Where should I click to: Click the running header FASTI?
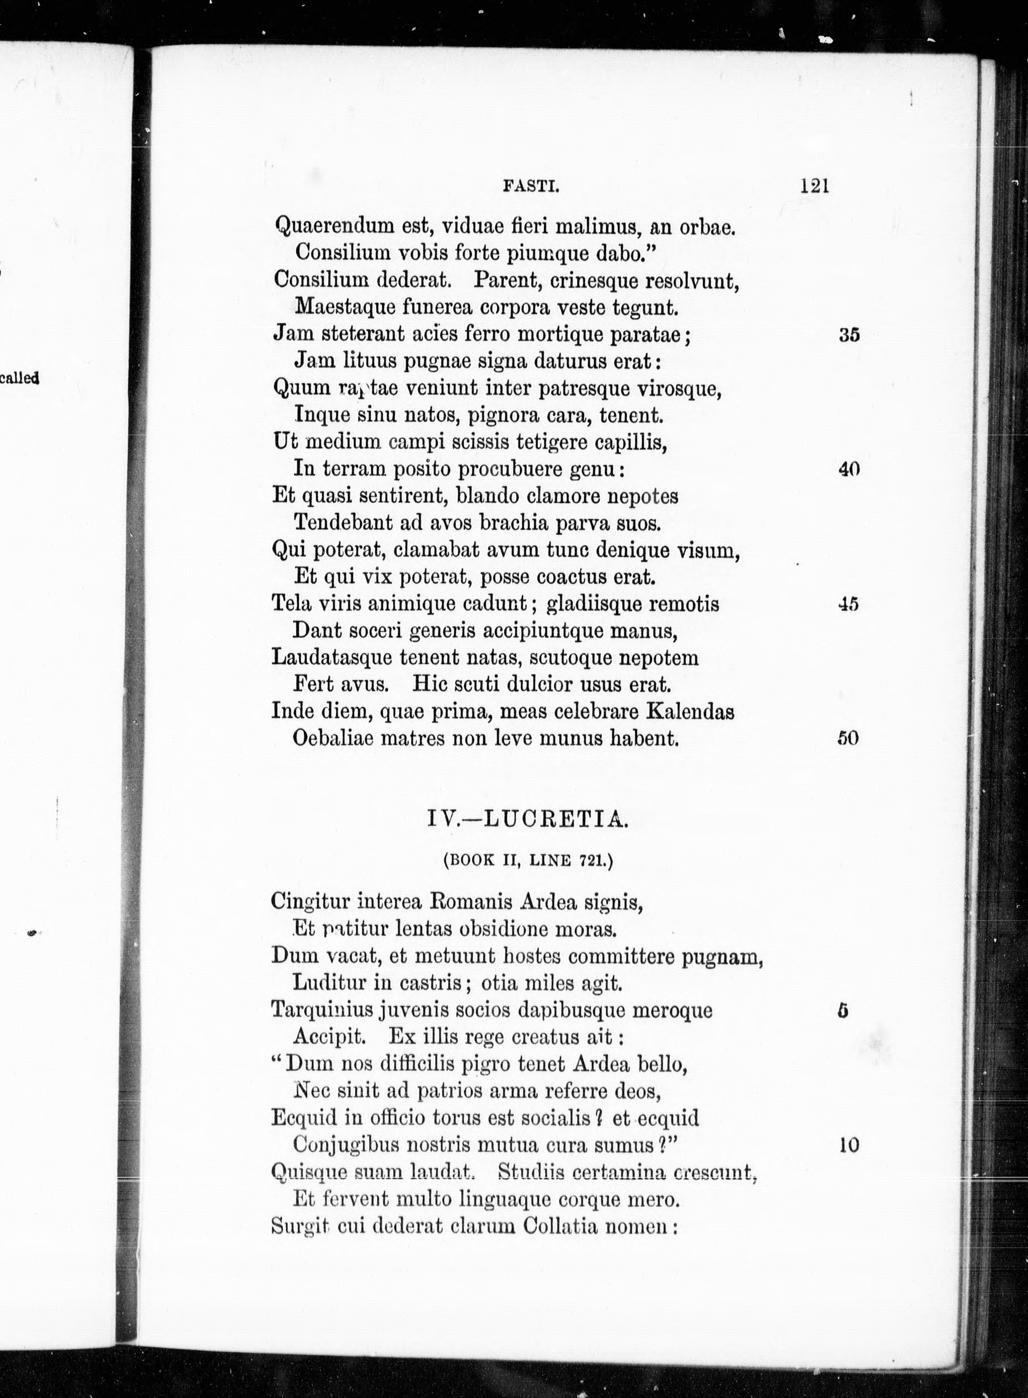pyautogui.click(x=531, y=186)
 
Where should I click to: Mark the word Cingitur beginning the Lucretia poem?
pyautogui.click(x=310, y=902)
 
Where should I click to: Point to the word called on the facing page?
pyautogui.click(x=19, y=377)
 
